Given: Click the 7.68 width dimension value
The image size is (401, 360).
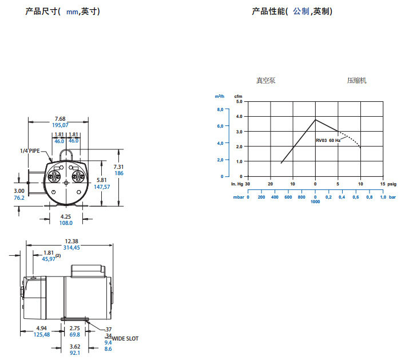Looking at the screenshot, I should point(60,118).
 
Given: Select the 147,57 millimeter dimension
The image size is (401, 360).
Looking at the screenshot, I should point(101,187).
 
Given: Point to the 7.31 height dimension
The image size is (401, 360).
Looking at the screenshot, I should point(118,167).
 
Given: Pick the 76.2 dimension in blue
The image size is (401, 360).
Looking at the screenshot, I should point(19,197).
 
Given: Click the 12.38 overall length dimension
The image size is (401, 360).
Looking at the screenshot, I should point(72,240).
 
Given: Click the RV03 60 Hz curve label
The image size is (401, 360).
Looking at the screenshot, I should point(328,140).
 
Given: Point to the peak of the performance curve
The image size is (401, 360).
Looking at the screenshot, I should point(315,120).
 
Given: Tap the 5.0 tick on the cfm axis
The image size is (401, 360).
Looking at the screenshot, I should point(239,101).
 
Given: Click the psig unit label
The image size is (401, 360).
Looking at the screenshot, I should point(391,184).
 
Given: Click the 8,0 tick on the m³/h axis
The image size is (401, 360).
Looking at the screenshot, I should point(219,109).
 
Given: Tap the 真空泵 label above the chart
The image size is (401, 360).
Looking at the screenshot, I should point(265,81).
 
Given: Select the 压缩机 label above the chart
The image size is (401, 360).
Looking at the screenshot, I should point(356,81).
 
